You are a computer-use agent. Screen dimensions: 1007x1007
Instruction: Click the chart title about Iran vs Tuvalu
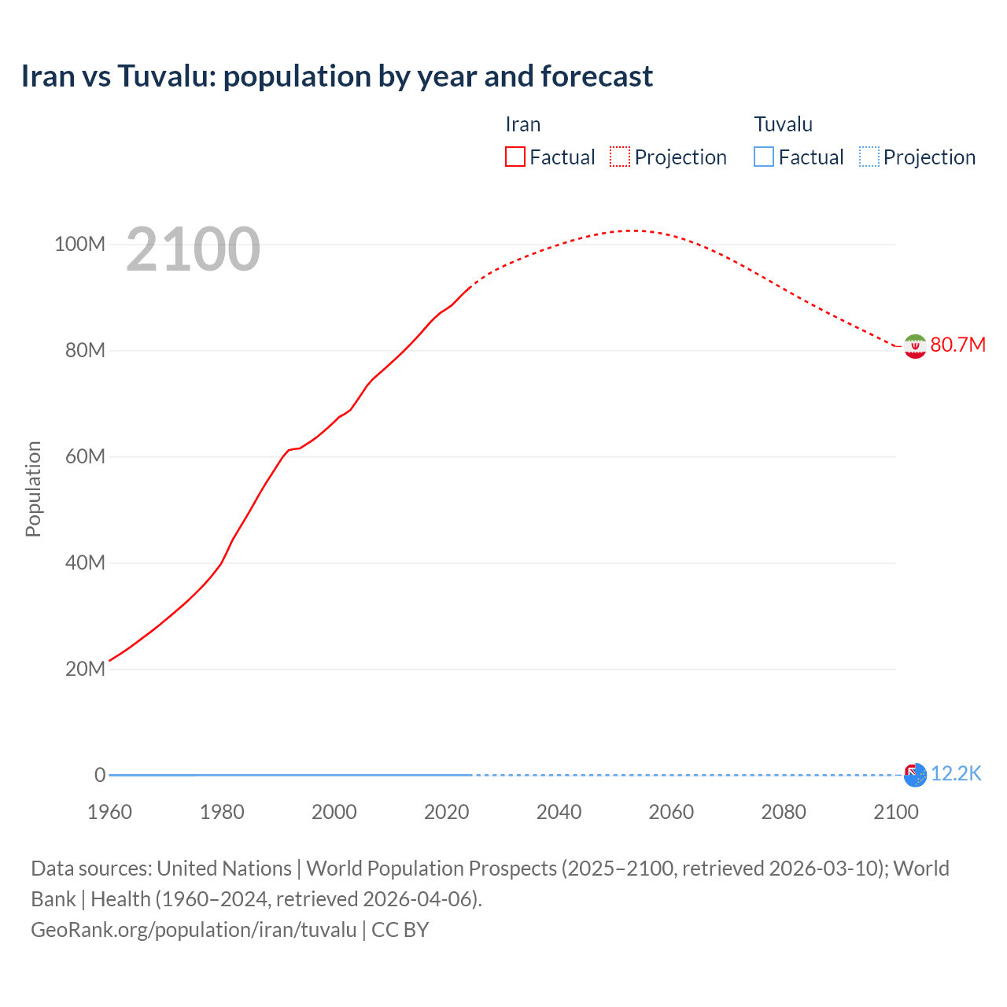point(337,76)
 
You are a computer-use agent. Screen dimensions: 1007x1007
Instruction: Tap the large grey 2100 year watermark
point(193,249)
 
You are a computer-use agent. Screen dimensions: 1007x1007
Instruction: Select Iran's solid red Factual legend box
point(515,157)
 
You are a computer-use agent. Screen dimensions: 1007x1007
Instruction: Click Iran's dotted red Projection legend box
point(620,157)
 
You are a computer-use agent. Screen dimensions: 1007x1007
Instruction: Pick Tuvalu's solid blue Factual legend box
point(763,157)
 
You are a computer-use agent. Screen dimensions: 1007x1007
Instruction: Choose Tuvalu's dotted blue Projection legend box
point(869,157)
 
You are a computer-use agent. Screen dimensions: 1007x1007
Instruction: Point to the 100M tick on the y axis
point(79,244)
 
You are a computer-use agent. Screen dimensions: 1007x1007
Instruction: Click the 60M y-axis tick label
point(84,456)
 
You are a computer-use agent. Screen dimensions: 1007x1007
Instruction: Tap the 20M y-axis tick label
point(84,669)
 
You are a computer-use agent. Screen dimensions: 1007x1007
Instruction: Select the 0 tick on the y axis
point(100,775)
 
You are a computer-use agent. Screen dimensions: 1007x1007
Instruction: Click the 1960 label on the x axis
point(109,812)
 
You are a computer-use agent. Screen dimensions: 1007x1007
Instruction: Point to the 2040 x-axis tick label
point(559,812)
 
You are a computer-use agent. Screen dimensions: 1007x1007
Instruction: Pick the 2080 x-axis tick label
point(784,812)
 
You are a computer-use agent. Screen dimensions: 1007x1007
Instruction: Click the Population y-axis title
point(33,489)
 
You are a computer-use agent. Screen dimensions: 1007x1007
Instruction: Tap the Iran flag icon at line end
point(915,346)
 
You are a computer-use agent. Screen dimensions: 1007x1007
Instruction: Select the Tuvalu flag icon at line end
point(915,775)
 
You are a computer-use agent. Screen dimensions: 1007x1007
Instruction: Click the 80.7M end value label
point(957,345)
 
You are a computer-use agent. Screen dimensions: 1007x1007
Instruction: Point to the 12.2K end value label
point(956,774)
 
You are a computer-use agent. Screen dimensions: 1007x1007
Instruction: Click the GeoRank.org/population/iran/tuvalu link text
point(194,929)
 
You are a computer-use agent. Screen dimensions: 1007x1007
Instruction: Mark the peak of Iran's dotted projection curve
point(632,231)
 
